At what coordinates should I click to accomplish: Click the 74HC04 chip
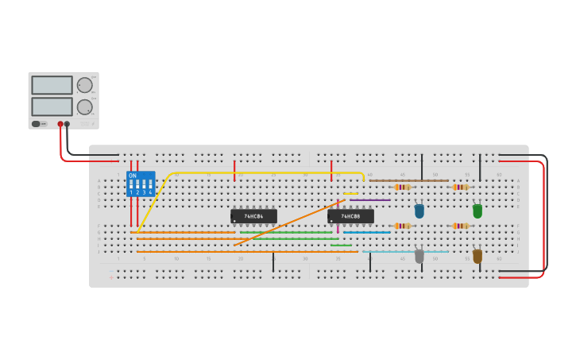253,216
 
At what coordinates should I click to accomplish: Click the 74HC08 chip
350,216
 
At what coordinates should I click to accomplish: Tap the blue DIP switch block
141,184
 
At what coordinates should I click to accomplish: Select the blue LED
419,211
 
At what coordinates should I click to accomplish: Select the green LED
477,211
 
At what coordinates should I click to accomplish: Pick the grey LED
419,257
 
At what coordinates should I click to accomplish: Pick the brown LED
477,257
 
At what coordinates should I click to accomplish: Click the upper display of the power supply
52,85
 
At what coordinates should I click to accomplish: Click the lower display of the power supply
52,106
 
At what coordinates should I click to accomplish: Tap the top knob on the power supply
84,85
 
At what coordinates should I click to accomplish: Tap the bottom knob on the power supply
84,106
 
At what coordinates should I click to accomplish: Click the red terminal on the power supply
60,124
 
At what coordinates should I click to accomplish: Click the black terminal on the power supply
67,124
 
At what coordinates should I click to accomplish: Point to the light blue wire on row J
405,251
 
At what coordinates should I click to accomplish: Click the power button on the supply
38,124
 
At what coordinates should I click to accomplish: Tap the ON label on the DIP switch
132,176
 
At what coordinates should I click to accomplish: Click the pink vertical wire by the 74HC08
338,228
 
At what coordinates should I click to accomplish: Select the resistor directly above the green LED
460,187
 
